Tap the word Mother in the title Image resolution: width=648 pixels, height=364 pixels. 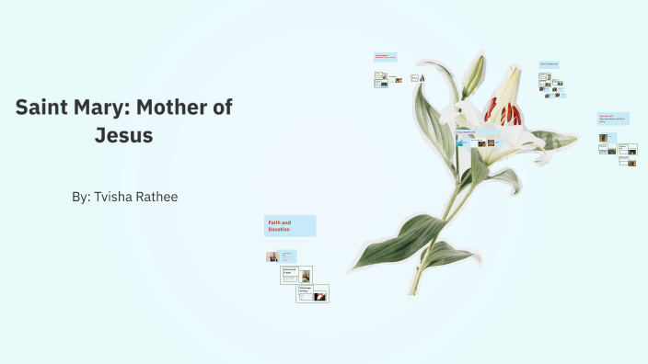[x=175, y=107]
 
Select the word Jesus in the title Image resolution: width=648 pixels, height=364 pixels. [x=123, y=136]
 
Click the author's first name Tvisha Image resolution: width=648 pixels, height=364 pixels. [x=115, y=197]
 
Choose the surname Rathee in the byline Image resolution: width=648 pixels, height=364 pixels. [x=158, y=197]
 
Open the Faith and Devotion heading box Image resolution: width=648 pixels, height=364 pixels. [x=290, y=226]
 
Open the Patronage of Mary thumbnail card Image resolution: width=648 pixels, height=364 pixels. [x=312, y=293]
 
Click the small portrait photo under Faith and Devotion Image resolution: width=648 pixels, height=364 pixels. [x=272, y=256]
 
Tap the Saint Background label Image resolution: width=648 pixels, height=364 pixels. [x=550, y=64]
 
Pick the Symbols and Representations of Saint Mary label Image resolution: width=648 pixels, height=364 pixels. [x=613, y=119]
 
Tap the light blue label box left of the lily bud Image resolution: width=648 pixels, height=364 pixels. [x=385, y=57]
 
